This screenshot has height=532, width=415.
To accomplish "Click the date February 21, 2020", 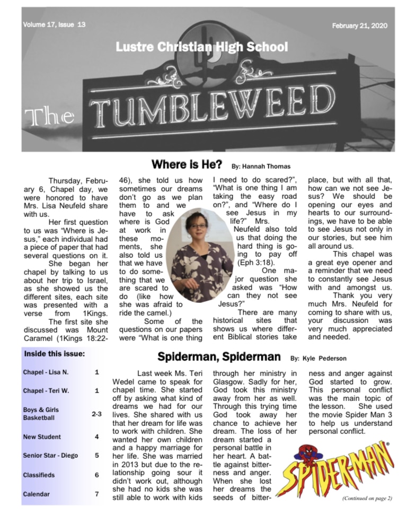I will click(359, 25).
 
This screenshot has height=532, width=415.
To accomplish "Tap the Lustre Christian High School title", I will click(201, 48).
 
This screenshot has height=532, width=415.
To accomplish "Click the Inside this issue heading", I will click(53, 353).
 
